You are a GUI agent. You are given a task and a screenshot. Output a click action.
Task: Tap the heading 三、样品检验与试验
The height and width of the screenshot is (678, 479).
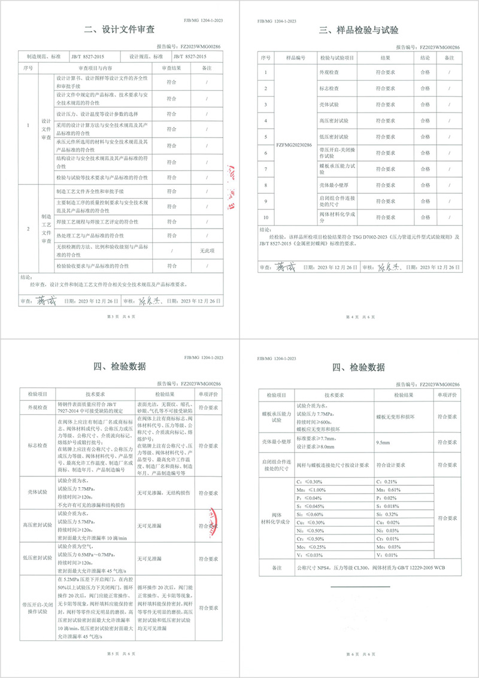coord(359,30)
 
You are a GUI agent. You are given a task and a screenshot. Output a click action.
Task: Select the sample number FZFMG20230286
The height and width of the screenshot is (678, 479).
coord(295,145)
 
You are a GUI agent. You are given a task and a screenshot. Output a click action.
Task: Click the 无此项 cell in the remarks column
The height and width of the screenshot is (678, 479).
coord(207,251)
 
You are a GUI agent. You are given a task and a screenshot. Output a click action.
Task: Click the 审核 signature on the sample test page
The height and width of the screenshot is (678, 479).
coord(386,266)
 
